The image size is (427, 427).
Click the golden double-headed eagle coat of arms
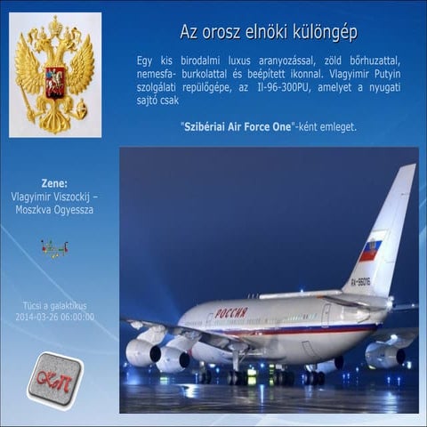coord(55,75)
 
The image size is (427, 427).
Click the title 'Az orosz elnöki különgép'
coord(269,33)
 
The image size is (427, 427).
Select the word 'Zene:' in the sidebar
coord(54,183)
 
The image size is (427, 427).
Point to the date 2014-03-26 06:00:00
coord(54,317)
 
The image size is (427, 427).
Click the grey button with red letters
coord(54,380)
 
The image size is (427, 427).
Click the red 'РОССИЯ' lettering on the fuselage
coord(231,313)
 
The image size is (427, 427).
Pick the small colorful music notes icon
coord(54,250)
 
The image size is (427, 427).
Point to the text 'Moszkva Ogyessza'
coord(54,210)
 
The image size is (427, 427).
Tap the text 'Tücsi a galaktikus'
coord(54,304)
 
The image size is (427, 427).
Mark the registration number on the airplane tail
coord(360,282)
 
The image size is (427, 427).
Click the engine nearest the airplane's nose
coord(142,352)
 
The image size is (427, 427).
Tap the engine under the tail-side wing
coord(384,355)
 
